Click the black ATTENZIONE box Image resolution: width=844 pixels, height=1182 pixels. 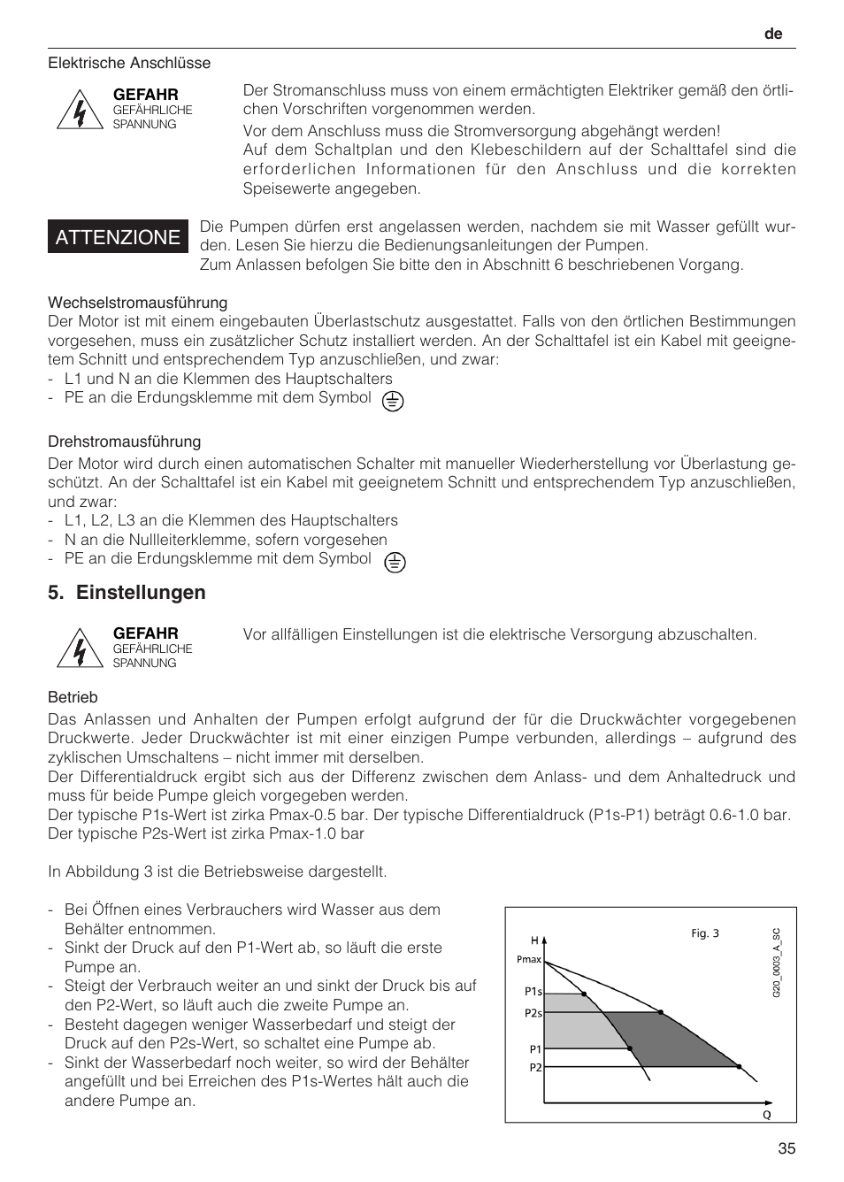pyautogui.click(x=118, y=237)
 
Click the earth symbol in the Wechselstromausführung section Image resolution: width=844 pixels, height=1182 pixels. pyautogui.click(x=393, y=401)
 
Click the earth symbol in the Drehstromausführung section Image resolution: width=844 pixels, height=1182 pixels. pyautogui.click(x=395, y=562)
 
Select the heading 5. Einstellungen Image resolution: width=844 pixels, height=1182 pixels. pyautogui.click(x=127, y=593)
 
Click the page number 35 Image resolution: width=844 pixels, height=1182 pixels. pyautogui.click(x=786, y=1149)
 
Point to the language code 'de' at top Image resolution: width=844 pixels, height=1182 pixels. pyautogui.click(x=774, y=34)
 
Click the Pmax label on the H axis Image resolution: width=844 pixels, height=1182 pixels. pyautogui.click(x=528, y=959)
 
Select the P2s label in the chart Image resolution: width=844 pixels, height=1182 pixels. pyautogui.click(x=533, y=1013)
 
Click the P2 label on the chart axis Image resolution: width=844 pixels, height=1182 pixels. pyautogui.click(x=535, y=1068)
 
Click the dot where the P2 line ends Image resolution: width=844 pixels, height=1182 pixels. pyautogui.click(x=740, y=1067)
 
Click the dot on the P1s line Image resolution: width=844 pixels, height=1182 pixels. pyautogui.click(x=584, y=994)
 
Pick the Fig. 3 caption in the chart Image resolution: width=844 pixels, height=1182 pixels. pyautogui.click(x=705, y=933)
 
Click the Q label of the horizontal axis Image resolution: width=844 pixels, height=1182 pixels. pyautogui.click(x=767, y=1115)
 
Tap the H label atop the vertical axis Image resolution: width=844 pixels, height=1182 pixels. pyautogui.click(x=534, y=940)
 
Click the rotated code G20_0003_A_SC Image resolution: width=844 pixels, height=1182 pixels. pyautogui.click(x=777, y=963)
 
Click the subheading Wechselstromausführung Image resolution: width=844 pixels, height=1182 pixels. pyautogui.click(x=137, y=303)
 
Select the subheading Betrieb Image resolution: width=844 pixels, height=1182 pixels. pyautogui.click(x=73, y=697)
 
